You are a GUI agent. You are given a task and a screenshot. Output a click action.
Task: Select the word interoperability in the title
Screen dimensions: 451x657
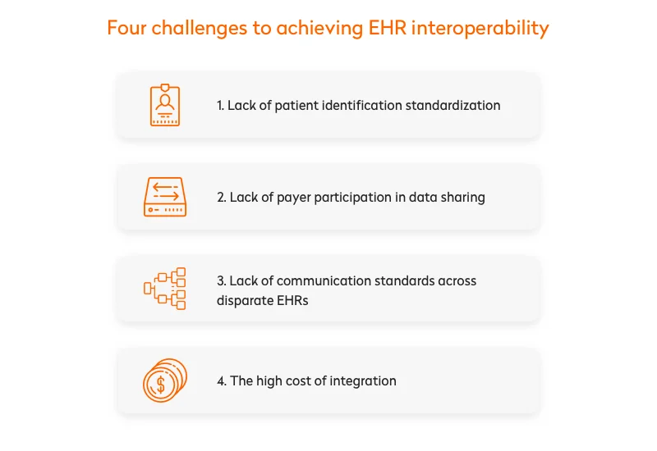click(480, 28)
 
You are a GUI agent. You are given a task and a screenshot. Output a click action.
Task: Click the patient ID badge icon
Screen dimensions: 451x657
click(165, 105)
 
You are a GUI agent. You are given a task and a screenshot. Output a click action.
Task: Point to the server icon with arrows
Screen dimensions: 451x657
click(165, 197)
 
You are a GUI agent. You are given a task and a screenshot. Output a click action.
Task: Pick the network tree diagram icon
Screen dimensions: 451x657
click(165, 289)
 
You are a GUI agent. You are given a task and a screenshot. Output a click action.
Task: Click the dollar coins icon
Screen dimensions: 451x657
click(165, 380)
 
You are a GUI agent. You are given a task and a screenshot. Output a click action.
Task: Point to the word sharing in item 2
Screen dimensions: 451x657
click(463, 198)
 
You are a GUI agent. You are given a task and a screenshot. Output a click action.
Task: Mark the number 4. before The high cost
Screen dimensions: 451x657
click(222, 381)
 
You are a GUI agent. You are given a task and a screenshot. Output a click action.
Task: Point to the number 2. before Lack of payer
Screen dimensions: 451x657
click(222, 198)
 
